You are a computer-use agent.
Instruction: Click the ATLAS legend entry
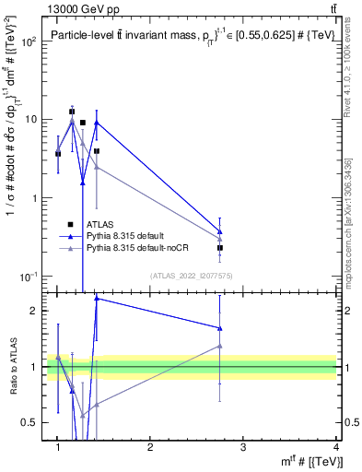[100, 224]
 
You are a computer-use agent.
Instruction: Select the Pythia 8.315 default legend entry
[127, 236]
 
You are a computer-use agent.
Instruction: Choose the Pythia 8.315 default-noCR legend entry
[139, 249]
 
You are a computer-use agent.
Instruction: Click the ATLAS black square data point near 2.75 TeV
[220, 248]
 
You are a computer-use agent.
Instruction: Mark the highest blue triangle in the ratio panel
[97, 299]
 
